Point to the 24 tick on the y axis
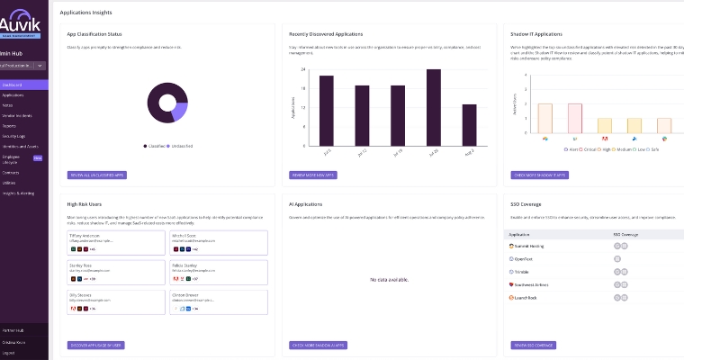304,69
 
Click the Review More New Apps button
313,175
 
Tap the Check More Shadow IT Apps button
539,175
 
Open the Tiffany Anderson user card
115,241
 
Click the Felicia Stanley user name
185,265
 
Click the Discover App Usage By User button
95,345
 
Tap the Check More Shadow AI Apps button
318,345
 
